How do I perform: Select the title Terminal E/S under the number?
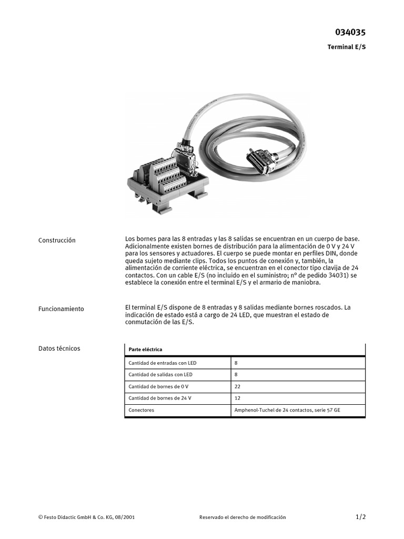point(346,47)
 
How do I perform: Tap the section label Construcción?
point(57,241)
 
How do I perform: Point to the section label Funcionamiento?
point(61,309)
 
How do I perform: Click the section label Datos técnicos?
point(59,348)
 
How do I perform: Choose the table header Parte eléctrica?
point(145,350)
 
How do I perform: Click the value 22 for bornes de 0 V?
point(237,386)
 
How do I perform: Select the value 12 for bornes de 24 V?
point(237,398)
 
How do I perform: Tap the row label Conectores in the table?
point(142,410)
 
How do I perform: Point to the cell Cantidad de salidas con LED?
point(160,375)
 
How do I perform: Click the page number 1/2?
point(360,517)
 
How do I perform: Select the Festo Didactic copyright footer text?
point(86,517)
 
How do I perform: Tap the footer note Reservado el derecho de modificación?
point(243,517)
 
